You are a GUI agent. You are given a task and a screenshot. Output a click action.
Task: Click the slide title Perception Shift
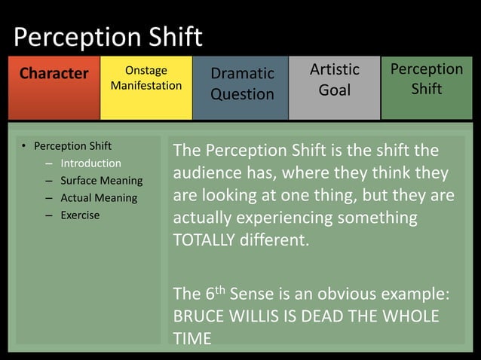point(109,37)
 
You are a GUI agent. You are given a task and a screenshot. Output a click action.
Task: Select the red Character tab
point(54,74)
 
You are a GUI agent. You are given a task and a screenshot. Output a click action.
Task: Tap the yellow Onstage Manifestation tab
point(146,78)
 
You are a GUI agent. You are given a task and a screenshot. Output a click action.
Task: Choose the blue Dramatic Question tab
point(241,84)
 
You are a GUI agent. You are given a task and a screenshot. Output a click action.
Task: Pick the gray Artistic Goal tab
point(335,79)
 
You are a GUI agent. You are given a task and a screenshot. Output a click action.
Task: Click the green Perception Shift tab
point(427,78)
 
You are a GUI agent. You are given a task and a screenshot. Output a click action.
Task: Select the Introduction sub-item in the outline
point(90,163)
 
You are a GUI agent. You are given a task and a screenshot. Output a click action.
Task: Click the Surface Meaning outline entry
point(101,181)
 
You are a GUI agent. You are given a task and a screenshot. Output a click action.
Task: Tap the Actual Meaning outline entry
point(98,198)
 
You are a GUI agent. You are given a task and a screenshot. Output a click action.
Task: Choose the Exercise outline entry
point(80,215)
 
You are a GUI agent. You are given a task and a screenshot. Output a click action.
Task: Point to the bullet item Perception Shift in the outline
point(72,145)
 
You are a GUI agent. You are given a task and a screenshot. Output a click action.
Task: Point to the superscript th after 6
point(220,288)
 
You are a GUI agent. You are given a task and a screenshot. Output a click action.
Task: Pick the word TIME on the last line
point(192,338)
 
